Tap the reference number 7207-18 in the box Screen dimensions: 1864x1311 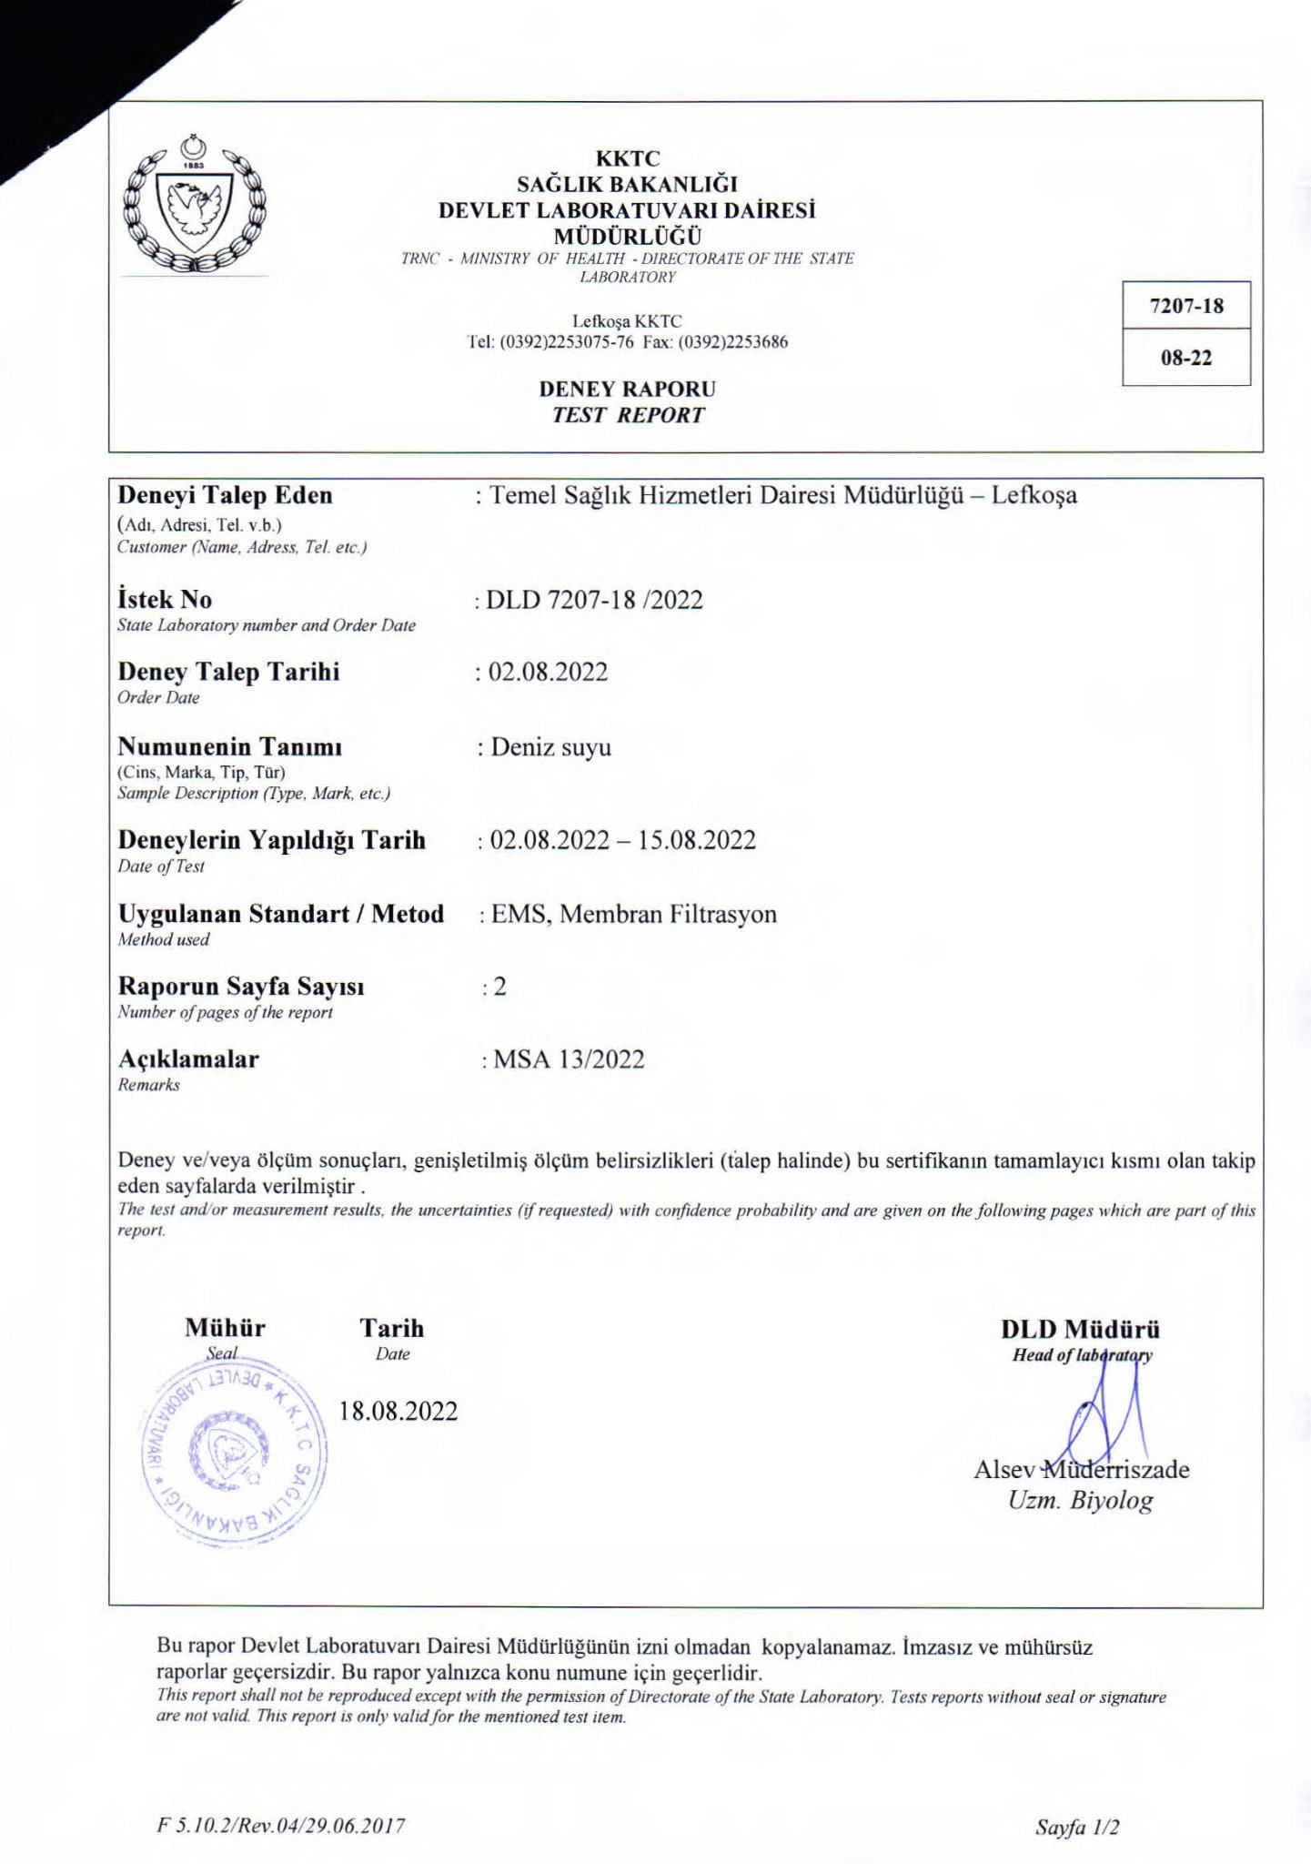pos(1186,306)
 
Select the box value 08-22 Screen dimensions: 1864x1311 pos(1186,358)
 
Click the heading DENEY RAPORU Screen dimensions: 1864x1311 pos(627,389)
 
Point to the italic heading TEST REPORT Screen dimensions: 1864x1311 pos(627,415)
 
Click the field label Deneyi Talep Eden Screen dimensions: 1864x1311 pos(225,495)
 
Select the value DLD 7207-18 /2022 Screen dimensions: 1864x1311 pos(594,600)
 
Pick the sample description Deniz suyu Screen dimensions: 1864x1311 pos(550,747)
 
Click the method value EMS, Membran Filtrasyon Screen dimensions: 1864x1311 pos(633,914)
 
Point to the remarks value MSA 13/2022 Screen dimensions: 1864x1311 pos(569,1059)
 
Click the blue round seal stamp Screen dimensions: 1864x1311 pos(234,1452)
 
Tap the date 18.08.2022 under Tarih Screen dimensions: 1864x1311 pos(398,1411)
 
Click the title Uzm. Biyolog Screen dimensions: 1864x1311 pos(1080,1501)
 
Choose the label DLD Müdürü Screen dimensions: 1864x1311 pos(1080,1329)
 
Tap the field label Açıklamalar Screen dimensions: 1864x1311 pos(188,1059)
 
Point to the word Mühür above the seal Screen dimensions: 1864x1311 pos(225,1328)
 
